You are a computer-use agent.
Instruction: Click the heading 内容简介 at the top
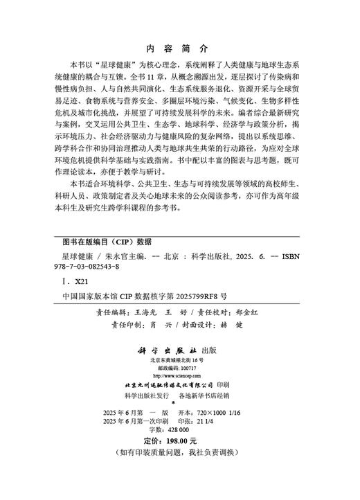click(x=178, y=48)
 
